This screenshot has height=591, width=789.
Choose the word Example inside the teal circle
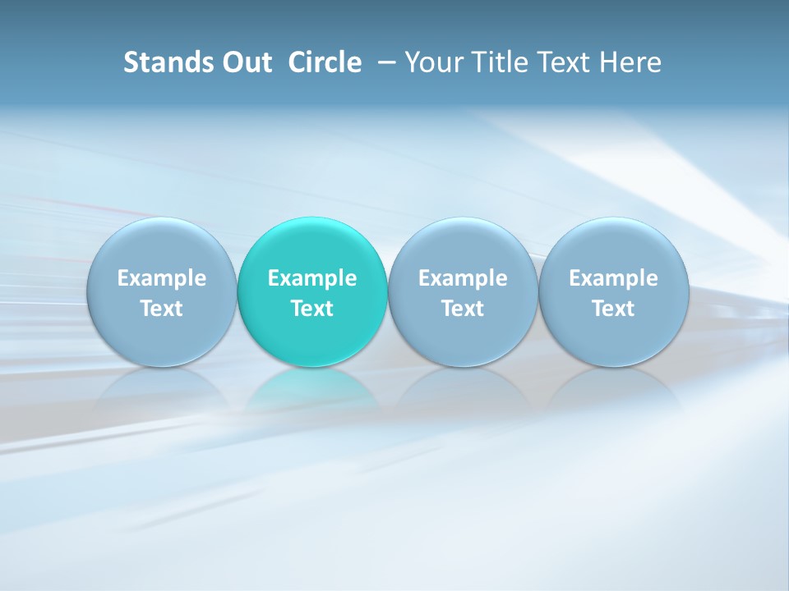click(311, 278)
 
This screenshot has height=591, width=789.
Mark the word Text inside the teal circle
click(311, 309)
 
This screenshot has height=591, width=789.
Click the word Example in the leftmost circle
click(161, 278)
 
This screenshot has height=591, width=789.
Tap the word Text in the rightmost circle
click(613, 309)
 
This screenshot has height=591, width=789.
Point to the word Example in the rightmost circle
click(613, 278)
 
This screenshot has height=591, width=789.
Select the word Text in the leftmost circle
click(161, 309)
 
